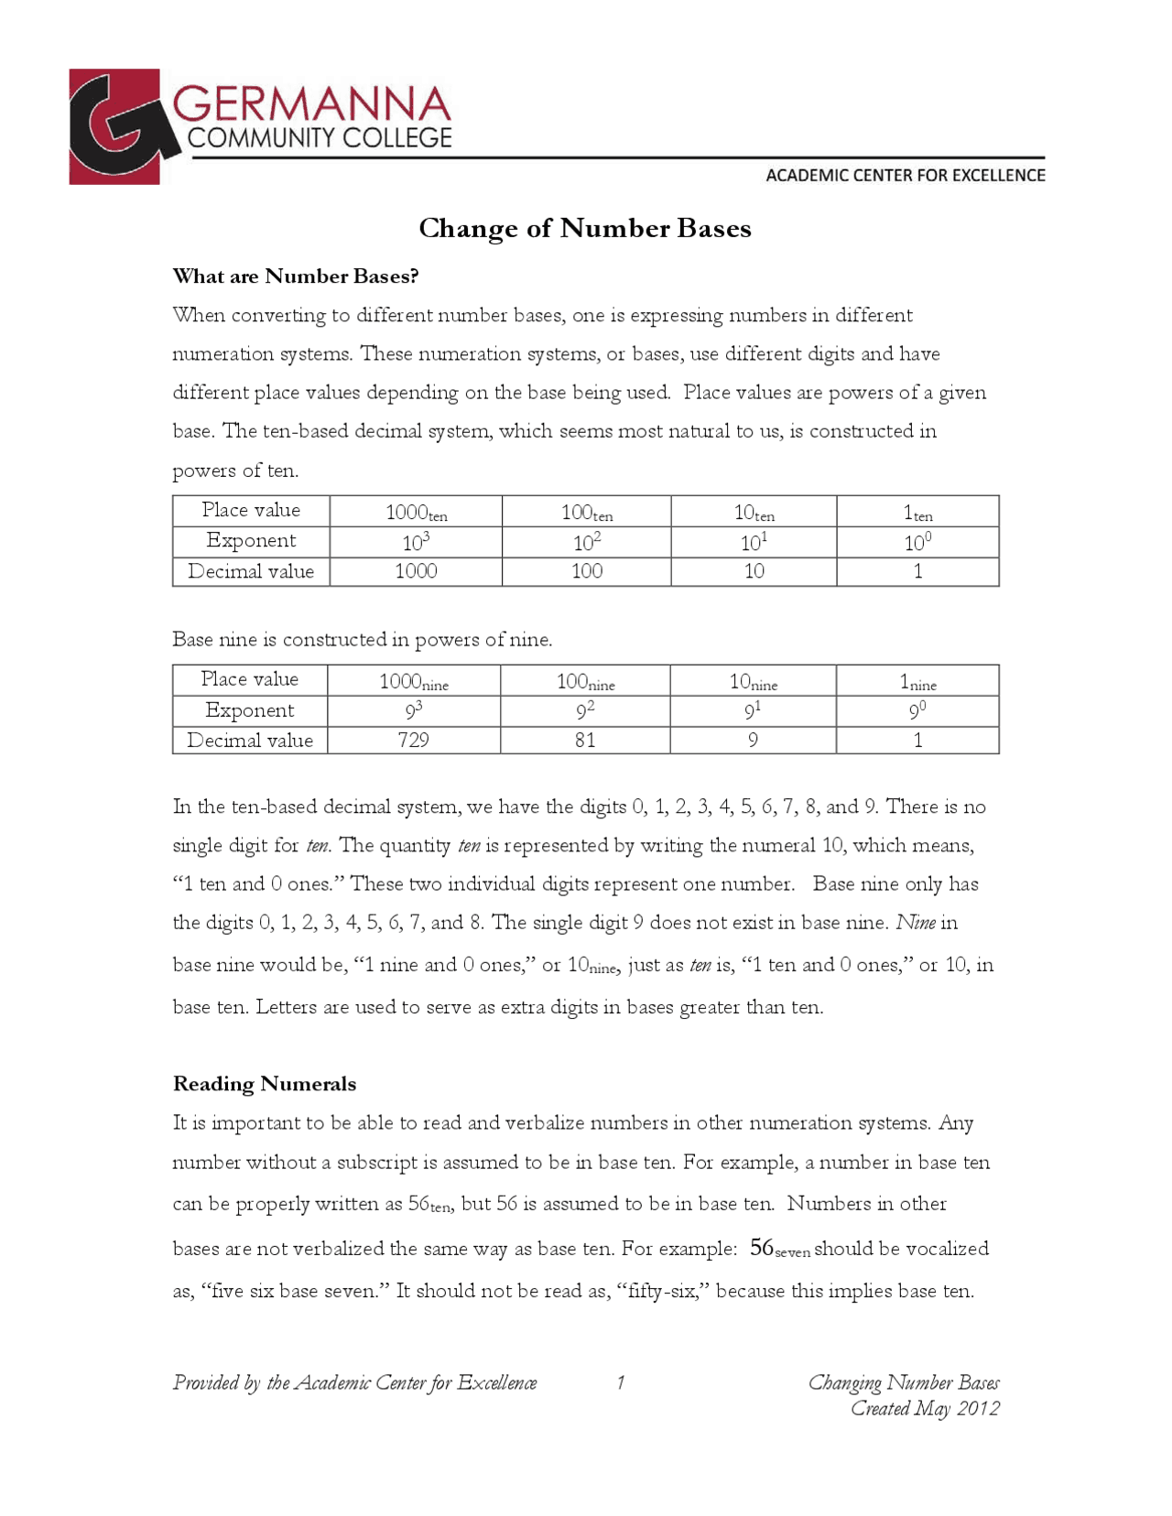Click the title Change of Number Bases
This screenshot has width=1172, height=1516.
point(584,228)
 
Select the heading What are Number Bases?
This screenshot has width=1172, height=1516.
point(295,276)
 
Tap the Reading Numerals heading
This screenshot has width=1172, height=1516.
point(264,1084)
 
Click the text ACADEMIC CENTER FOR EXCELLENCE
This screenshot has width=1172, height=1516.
point(905,175)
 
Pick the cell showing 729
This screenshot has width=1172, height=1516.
point(413,740)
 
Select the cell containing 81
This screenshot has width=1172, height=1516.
point(585,740)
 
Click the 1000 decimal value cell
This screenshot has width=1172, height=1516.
point(415,571)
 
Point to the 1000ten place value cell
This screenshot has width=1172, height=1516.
point(416,513)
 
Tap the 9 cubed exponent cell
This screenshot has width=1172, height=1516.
point(413,710)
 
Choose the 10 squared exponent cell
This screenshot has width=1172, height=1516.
point(586,542)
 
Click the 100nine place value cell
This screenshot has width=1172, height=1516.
point(585,681)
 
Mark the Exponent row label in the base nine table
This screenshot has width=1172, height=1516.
point(249,710)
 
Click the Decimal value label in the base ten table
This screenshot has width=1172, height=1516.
point(250,571)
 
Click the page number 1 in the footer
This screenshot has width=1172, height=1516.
point(620,1382)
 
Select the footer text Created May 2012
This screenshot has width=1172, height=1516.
point(925,1408)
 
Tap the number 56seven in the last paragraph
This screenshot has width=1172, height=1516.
point(779,1249)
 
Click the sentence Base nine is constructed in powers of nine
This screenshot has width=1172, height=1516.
point(362,639)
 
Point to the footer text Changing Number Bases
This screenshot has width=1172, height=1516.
point(903,1382)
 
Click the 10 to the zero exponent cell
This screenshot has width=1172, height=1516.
point(917,542)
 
